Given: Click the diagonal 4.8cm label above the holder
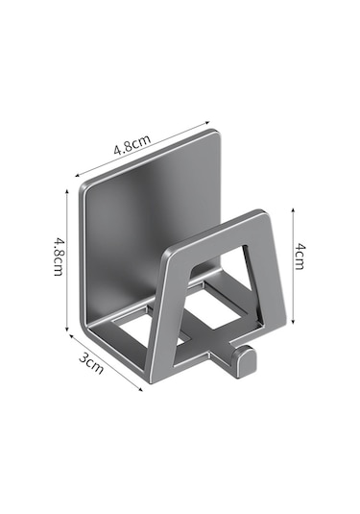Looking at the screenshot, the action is (132, 144).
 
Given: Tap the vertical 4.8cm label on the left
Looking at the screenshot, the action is (59, 257).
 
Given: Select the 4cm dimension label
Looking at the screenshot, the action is (300, 257).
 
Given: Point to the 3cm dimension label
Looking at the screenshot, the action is (91, 363).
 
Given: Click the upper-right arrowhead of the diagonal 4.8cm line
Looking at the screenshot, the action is (207, 122).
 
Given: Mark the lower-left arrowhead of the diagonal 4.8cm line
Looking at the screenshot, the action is (78, 176).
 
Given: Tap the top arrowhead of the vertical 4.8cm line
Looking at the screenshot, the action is (67, 191).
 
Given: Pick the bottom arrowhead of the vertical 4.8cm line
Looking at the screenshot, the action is (67, 330).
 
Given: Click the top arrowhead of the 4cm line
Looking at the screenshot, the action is (293, 209).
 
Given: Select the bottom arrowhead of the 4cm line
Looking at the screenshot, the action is (293, 322).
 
